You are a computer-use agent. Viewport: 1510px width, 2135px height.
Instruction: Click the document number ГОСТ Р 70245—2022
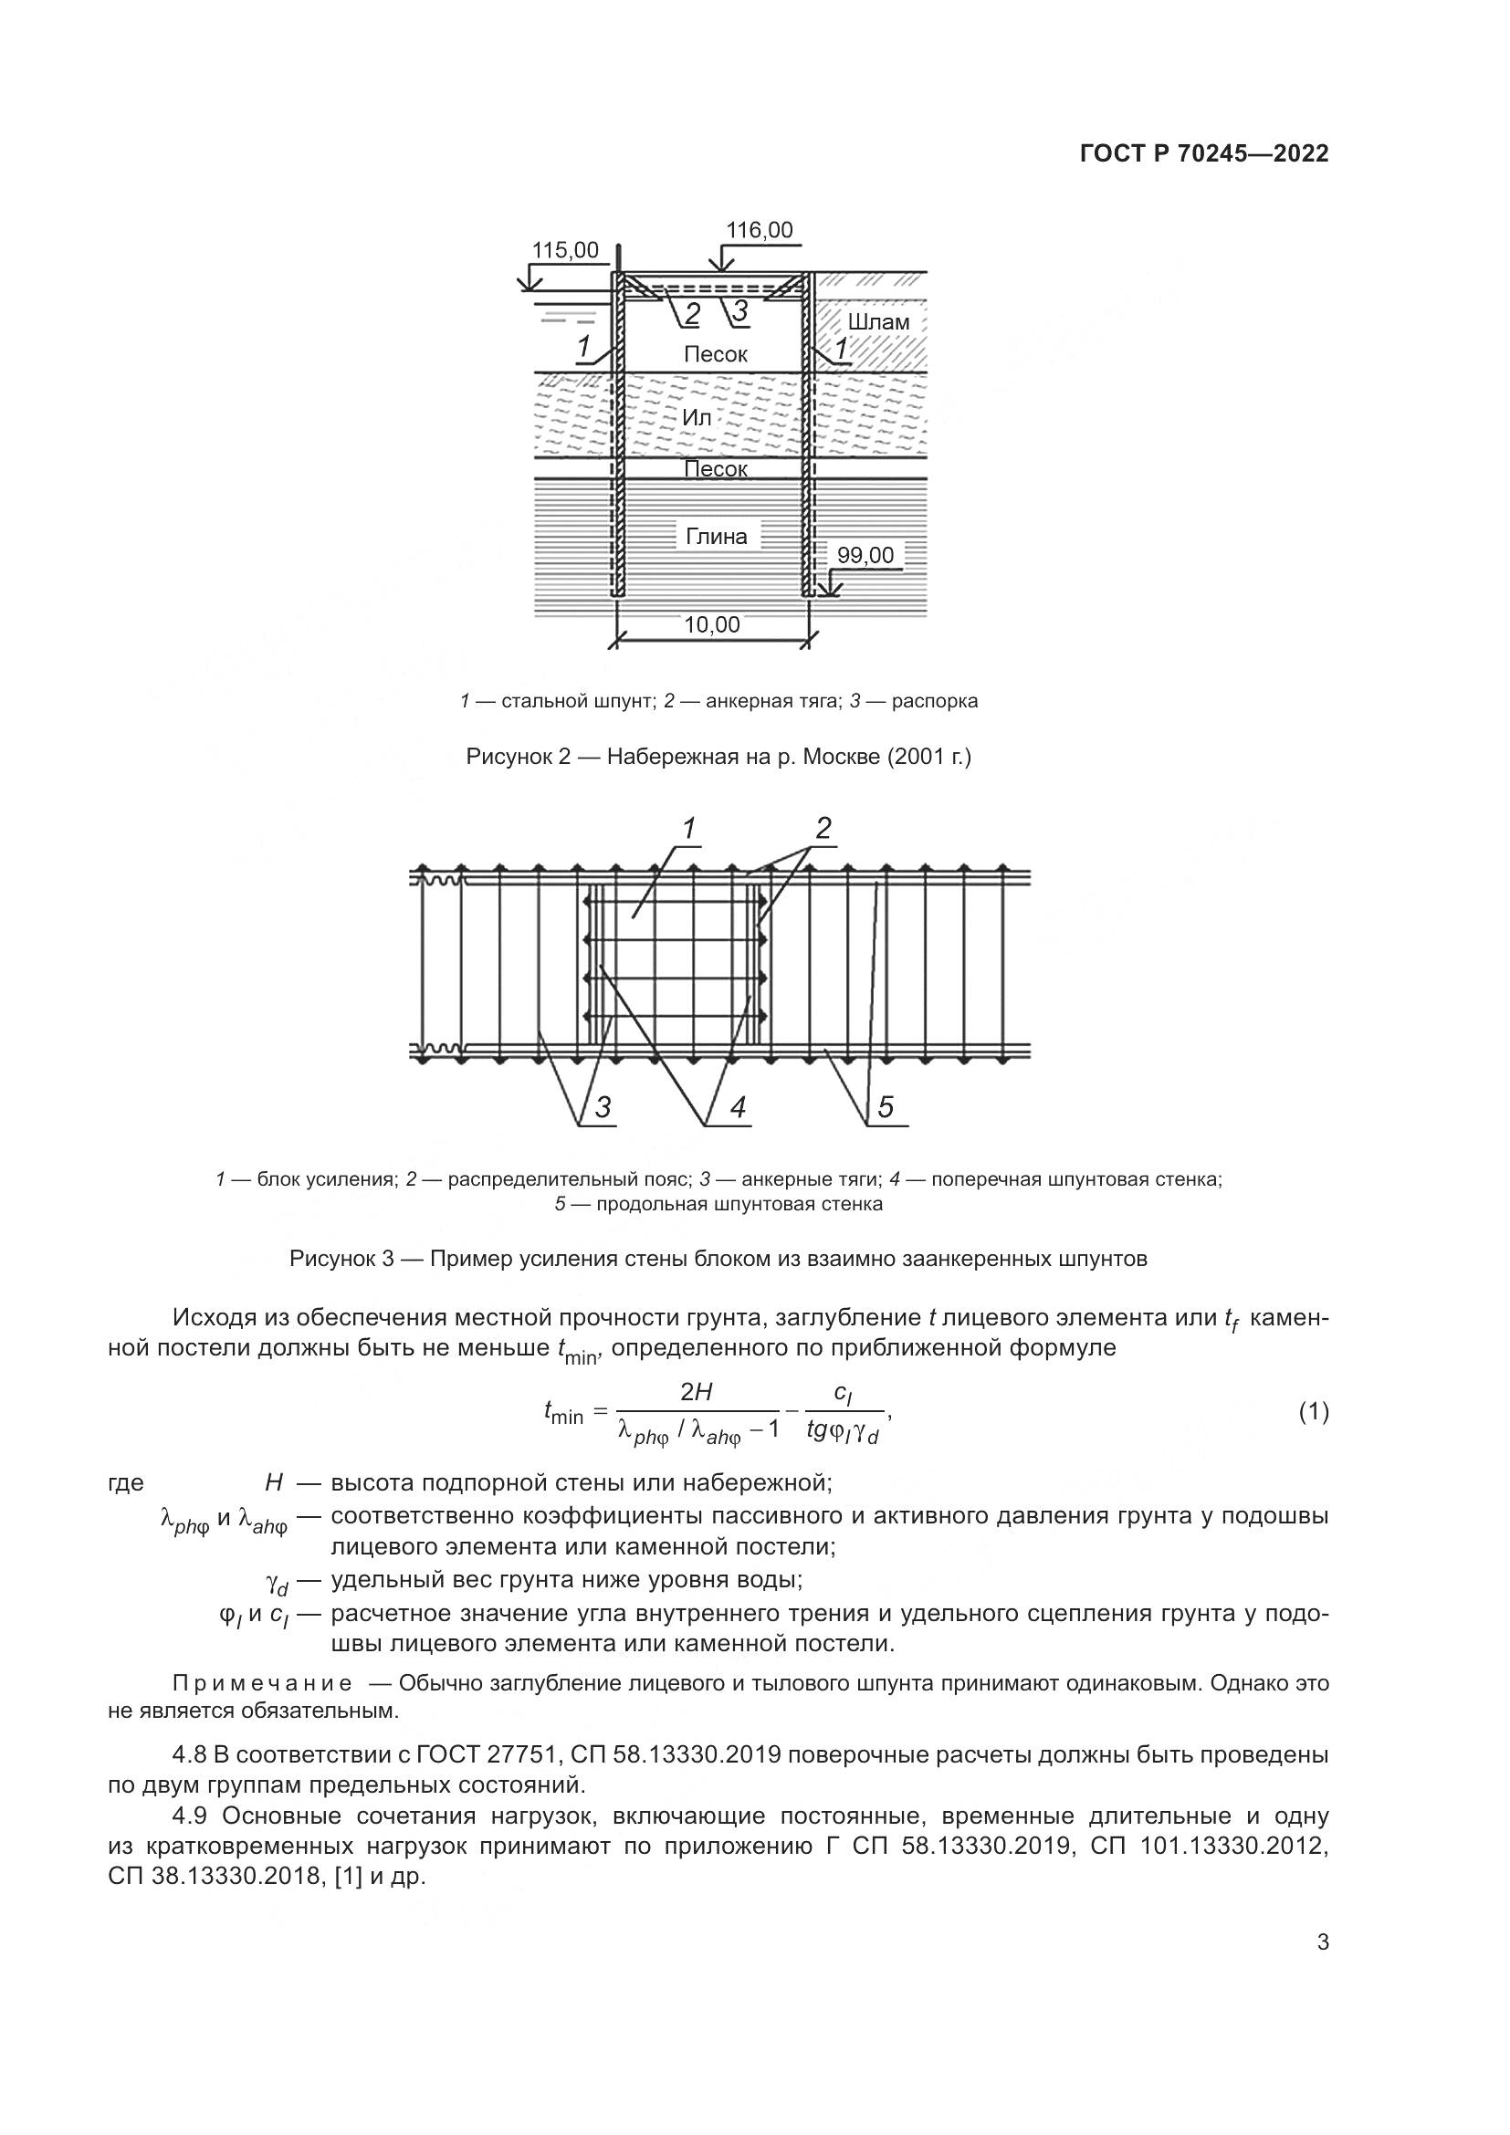point(1204,154)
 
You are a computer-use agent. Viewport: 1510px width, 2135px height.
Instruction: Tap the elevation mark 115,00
point(564,250)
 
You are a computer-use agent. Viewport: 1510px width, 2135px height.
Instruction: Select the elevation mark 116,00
point(759,230)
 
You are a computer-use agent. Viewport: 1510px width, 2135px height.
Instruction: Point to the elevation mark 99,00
point(865,555)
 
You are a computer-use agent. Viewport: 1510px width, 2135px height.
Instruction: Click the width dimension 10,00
point(711,625)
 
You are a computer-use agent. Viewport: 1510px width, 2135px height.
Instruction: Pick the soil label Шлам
point(877,321)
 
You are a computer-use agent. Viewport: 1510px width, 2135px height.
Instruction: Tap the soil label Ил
point(697,417)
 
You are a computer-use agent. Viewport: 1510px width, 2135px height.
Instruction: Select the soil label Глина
point(716,537)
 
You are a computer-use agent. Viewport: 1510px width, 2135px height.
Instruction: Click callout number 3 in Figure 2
point(740,311)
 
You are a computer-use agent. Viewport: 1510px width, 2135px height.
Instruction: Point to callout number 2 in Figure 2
point(692,315)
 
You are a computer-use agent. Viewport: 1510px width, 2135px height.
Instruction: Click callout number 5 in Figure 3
point(886,1107)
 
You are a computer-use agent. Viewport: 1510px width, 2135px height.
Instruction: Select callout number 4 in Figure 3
point(738,1107)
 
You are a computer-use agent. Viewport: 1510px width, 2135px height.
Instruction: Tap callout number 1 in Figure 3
point(689,829)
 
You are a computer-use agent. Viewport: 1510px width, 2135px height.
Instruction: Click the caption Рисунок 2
point(718,758)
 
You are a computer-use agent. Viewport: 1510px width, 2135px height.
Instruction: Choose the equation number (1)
point(1313,1412)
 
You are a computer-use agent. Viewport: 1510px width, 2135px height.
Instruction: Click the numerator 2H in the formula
point(697,1392)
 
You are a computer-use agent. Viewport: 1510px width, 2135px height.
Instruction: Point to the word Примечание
point(262,1684)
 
